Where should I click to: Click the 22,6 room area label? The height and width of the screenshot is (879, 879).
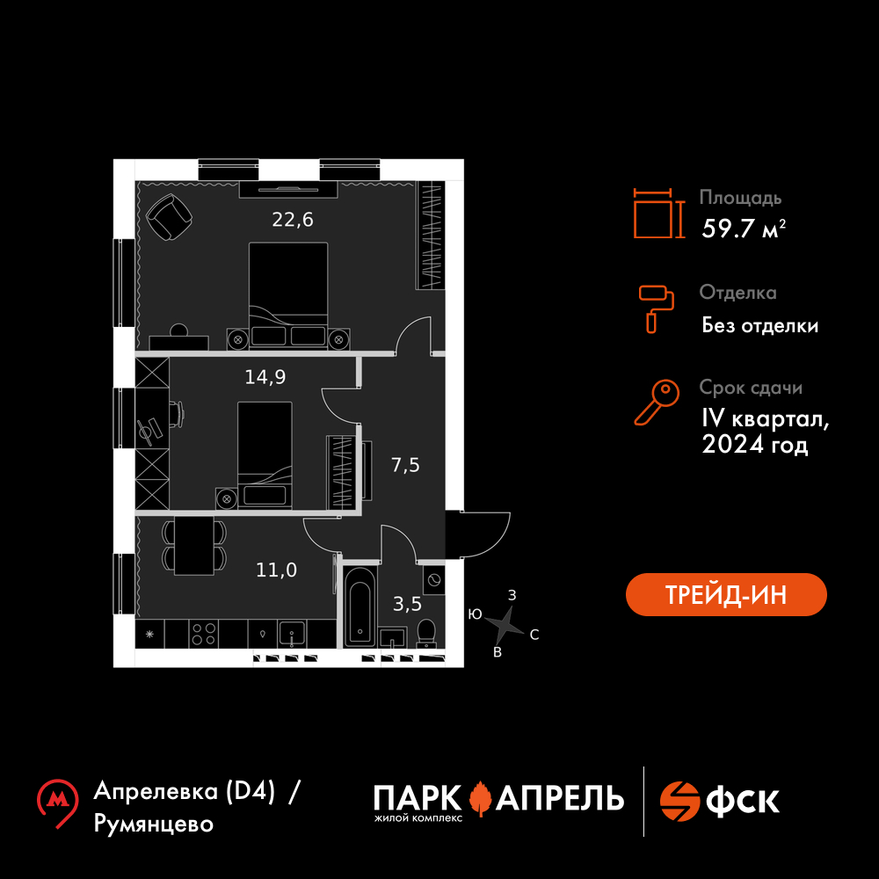tap(293, 220)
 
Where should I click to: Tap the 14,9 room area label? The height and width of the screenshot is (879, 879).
tap(265, 377)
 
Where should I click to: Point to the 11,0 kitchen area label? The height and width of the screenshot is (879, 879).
tap(276, 570)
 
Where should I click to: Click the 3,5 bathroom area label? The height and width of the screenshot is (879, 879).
tap(407, 604)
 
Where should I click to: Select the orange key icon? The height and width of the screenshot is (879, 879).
tap(656, 403)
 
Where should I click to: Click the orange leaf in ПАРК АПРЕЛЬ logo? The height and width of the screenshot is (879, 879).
tap(480, 798)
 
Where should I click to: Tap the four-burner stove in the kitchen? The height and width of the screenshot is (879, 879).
tap(204, 633)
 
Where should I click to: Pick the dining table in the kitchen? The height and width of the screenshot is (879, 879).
tap(193, 545)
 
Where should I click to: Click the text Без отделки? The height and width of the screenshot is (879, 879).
tap(760, 326)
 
